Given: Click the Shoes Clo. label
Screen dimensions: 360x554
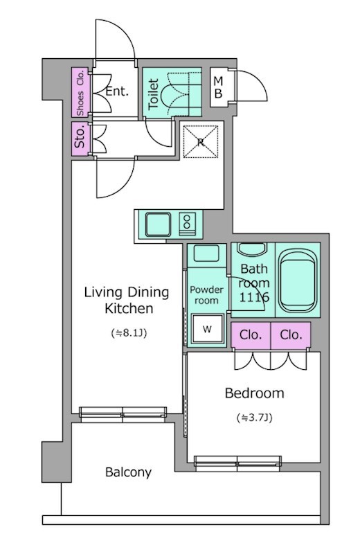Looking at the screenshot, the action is (80, 93).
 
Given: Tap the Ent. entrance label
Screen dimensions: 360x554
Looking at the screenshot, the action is (117, 91).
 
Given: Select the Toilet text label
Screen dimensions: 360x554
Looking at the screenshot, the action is (153, 94).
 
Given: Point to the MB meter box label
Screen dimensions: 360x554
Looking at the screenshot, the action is (218, 87).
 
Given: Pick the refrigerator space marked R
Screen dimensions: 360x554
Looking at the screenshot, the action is (201, 142).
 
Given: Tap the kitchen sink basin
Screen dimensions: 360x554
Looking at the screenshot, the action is (158, 224).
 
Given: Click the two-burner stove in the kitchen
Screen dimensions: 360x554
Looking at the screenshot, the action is (186, 224).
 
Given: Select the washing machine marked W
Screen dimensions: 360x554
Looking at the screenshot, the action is (207, 329).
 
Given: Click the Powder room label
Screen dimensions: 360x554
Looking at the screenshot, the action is (207, 296).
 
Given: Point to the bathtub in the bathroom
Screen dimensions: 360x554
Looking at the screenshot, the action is (298, 280).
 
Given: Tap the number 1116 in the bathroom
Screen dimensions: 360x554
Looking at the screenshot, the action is (254, 298).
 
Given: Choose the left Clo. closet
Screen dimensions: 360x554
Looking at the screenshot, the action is (251, 335).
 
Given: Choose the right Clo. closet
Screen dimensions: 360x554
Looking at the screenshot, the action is (291, 335).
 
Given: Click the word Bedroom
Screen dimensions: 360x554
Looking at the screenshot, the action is (254, 393).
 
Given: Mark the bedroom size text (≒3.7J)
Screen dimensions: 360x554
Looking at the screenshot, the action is (254, 418).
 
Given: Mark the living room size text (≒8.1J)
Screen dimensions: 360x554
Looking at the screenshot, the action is (129, 333).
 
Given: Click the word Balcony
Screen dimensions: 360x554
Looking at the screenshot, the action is (128, 472).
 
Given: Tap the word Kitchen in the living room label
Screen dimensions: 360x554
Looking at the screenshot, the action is (129, 308).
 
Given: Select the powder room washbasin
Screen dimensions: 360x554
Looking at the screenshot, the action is (207, 253).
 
